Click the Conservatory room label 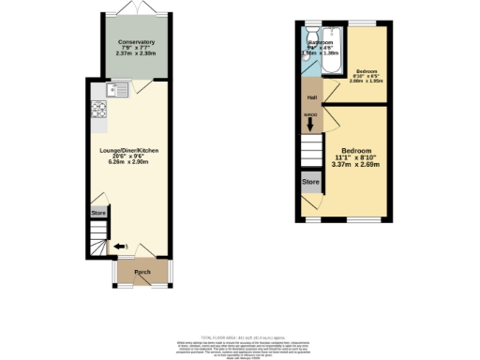[x=136, y=43]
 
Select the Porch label [x=142, y=273]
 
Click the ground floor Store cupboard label [x=99, y=214]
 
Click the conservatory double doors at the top [x=137, y=10]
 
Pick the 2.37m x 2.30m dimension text [x=136, y=53]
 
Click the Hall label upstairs [x=309, y=97]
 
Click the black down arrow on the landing [x=309, y=124]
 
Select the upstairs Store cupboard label [x=309, y=180]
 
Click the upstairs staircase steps [x=309, y=149]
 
